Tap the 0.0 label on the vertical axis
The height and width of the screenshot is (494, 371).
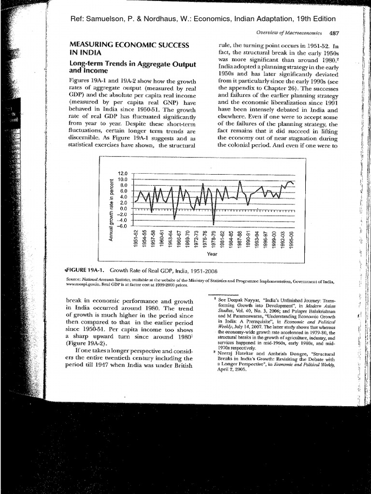click(x=123, y=208)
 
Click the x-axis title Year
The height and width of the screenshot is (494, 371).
click(x=212, y=254)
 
